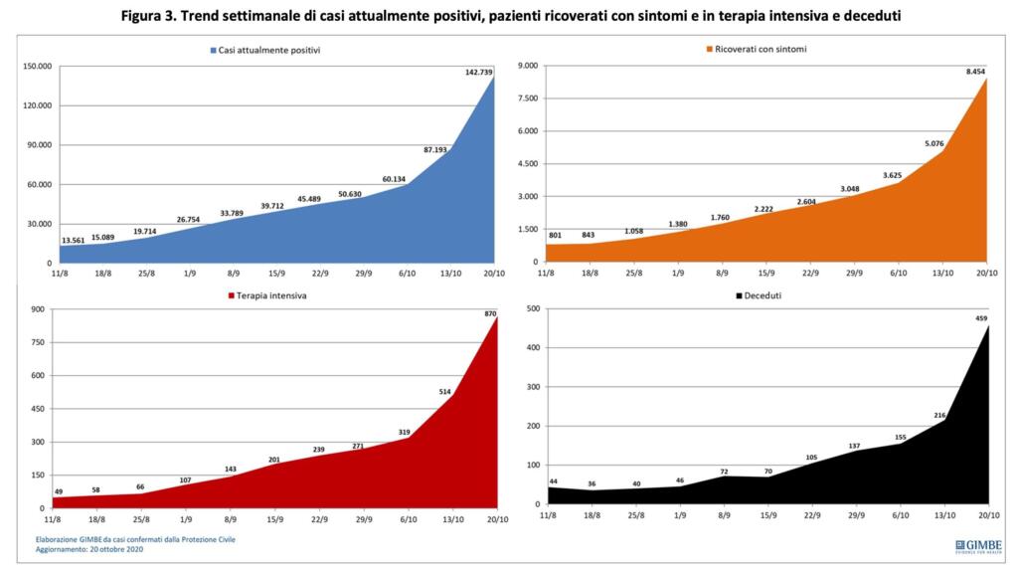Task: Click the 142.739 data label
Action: pyautogui.click(x=479, y=73)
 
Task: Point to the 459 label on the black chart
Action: pyautogui.click(x=979, y=318)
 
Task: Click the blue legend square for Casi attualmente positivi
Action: pyautogui.click(x=213, y=49)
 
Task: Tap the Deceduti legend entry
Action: pyautogui.click(x=761, y=295)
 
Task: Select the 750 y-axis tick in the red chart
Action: pyautogui.click(x=39, y=342)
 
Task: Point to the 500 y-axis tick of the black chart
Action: pyautogui.click(x=532, y=309)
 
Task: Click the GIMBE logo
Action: pyautogui.click(x=978, y=546)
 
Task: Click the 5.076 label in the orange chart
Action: pyautogui.click(x=935, y=143)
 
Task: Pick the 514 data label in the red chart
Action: pyautogui.click(x=444, y=392)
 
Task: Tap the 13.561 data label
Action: pyautogui.click(x=74, y=241)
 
